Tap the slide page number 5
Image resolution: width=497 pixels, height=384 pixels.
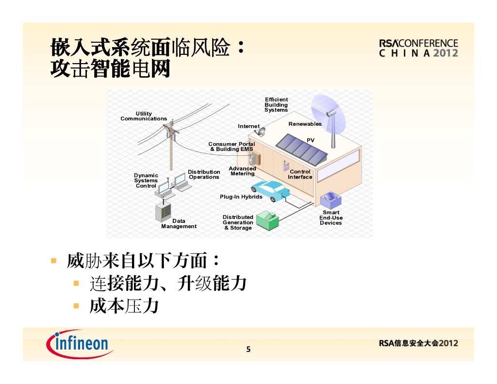[x=248, y=349]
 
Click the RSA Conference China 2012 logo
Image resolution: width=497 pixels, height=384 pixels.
[x=418, y=48]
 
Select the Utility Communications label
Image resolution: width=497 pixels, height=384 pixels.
[x=144, y=116]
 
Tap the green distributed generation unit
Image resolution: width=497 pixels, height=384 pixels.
[x=267, y=220]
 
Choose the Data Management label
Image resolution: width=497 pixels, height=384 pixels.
[x=179, y=224]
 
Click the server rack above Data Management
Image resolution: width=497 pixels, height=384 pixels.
[x=164, y=212]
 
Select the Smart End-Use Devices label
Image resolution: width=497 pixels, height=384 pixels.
[x=331, y=217]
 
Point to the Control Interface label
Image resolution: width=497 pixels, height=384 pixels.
[x=300, y=174]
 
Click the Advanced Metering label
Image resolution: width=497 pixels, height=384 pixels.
[x=242, y=171]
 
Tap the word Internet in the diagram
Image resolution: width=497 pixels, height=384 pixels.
[x=248, y=126]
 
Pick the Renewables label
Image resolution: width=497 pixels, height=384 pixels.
[x=305, y=124]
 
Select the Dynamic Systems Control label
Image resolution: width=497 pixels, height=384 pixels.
[x=146, y=181]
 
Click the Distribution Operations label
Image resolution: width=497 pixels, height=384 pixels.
[x=204, y=174]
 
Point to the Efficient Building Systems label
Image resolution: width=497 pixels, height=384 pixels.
[x=276, y=105]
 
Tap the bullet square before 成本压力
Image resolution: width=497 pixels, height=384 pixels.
[x=76, y=306]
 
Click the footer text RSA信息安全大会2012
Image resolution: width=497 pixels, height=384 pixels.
[x=418, y=343]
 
